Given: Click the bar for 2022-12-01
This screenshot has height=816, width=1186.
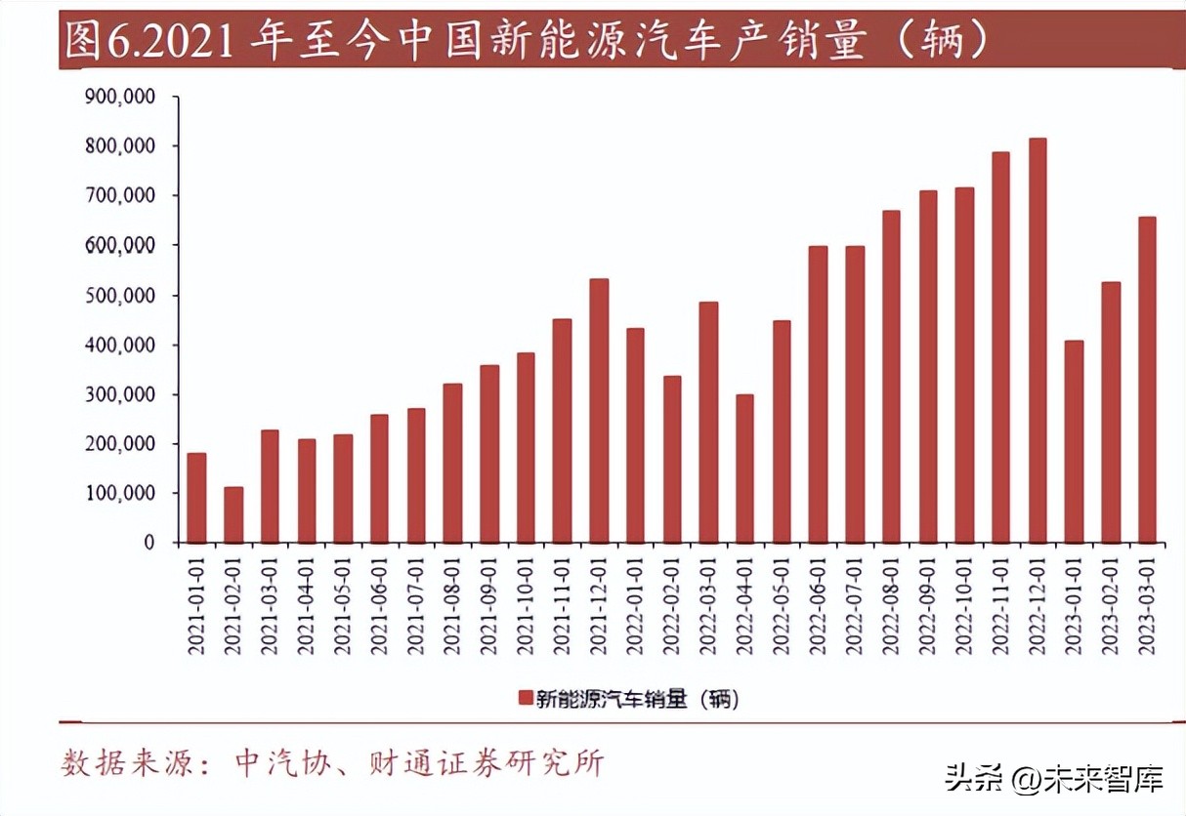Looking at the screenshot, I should [x=1037, y=341].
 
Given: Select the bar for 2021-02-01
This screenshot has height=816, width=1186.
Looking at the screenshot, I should [x=233, y=514].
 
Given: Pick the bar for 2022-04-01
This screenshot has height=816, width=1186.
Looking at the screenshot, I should [x=744, y=469].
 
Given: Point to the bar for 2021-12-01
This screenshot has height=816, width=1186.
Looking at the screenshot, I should [x=598, y=411].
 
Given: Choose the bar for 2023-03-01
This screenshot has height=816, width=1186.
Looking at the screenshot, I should [x=1147, y=380].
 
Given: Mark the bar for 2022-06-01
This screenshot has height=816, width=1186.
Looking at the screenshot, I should [x=818, y=394].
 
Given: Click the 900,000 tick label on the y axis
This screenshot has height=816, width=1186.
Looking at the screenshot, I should [x=121, y=97].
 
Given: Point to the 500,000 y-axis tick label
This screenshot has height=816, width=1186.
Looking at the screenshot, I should [x=121, y=295].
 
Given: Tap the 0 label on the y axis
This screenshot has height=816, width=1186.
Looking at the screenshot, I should [x=148, y=543].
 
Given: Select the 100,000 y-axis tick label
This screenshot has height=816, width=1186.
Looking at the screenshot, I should [x=121, y=493].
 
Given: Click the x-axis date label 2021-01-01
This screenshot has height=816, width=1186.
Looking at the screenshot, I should [x=196, y=605].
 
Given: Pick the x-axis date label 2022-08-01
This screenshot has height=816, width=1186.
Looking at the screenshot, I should [x=891, y=605].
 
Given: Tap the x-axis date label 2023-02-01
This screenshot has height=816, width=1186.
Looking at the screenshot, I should [x=1111, y=605].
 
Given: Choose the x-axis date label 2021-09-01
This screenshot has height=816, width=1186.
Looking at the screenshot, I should [x=489, y=605].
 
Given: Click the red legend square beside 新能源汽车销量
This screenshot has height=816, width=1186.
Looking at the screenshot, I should [x=524, y=697].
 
